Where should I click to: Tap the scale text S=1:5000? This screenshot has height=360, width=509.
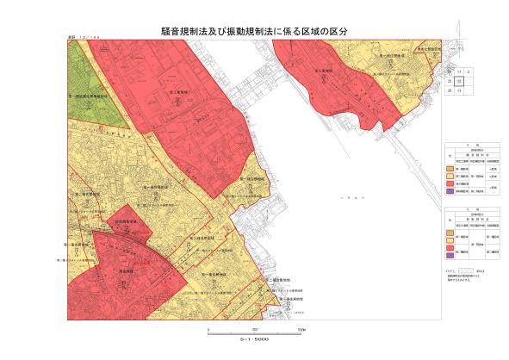255,341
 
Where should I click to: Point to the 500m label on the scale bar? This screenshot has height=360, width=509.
301,330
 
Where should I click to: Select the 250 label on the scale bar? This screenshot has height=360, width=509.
255,330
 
